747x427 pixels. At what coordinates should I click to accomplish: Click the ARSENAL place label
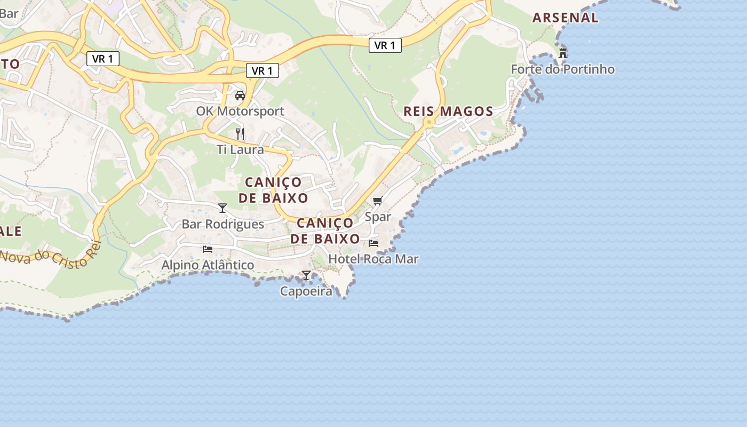click(566, 18)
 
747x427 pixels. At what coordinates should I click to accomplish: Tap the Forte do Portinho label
click(562, 69)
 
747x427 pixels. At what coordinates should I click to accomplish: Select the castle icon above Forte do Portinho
click(562, 53)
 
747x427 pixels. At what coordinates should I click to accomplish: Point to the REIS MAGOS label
click(448, 112)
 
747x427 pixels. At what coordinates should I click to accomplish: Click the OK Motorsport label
click(240, 112)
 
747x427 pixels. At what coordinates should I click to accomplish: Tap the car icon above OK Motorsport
click(240, 96)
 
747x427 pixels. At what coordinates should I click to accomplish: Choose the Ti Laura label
click(240, 149)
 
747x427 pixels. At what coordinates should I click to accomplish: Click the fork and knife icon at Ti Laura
click(240, 133)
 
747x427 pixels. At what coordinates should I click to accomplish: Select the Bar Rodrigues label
click(222, 224)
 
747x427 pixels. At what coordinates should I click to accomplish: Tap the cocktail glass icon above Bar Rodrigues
click(222, 208)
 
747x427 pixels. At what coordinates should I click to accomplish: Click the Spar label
click(378, 217)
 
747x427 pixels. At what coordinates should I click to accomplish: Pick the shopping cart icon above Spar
click(378, 201)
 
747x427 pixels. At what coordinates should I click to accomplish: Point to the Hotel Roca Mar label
click(373, 259)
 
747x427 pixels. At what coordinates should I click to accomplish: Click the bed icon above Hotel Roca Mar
click(373, 243)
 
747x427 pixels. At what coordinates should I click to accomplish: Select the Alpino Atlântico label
click(208, 265)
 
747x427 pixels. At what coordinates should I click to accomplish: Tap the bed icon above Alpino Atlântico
click(208, 249)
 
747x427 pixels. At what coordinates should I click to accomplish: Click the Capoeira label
click(306, 291)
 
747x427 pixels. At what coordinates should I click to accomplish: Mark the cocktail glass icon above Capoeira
click(306, 275)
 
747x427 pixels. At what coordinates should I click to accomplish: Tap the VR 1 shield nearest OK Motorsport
click(263, 70)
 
